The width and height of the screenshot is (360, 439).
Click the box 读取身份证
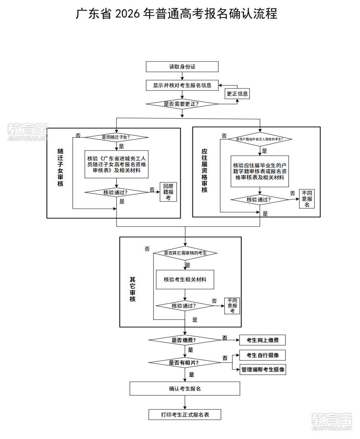pyautogui.click(x=182, y=67)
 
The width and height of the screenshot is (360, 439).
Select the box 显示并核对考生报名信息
pyautogui.click(x=182, y=85)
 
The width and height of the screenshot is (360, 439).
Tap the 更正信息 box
pyautogui.click(x=237, y=94)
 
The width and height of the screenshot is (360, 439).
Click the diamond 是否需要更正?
pyautogui.click(x=182, y=104)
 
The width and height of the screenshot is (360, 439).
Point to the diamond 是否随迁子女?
pyautogui.click(x=118, y=137)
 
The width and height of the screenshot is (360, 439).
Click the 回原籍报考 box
pyautogui.click(x=168, y=192)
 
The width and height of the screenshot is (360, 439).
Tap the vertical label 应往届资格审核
pyautogui.click(x=204, y=171)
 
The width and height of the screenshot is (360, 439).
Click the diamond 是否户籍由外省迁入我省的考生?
pyautogui.click(x=260, y=139)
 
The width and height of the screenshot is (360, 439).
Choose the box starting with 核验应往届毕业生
pyautogui.click(x=260, y=171)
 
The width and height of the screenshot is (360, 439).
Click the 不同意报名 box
pyautogui.click(x=307, y=199)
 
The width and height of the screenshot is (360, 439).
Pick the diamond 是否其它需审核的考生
pyautogui.click(x=185, y=253)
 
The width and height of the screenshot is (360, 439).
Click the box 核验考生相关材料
pyautogui.click(x=185, y=279)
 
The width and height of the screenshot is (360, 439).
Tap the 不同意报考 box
pyautogui.click(x=232, y=306)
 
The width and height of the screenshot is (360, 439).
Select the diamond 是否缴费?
pyautogui.click(x=184, y=340)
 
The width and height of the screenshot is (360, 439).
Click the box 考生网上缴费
pyautogui.click(x=262, y=340)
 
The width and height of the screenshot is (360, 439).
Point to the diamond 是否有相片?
pyautogui.click(x=184, y=362)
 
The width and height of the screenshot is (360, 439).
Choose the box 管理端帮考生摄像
pyautogui.click(x=263, y=370)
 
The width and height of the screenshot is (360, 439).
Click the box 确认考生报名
pyautogui.click(x=185, y=389)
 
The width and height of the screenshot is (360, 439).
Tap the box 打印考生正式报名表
pyautogui.click(x=185, y=414)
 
